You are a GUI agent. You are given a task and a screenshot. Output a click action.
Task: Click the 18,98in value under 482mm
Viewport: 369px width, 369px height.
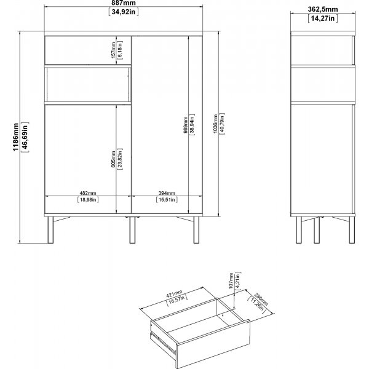[87, 199]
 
